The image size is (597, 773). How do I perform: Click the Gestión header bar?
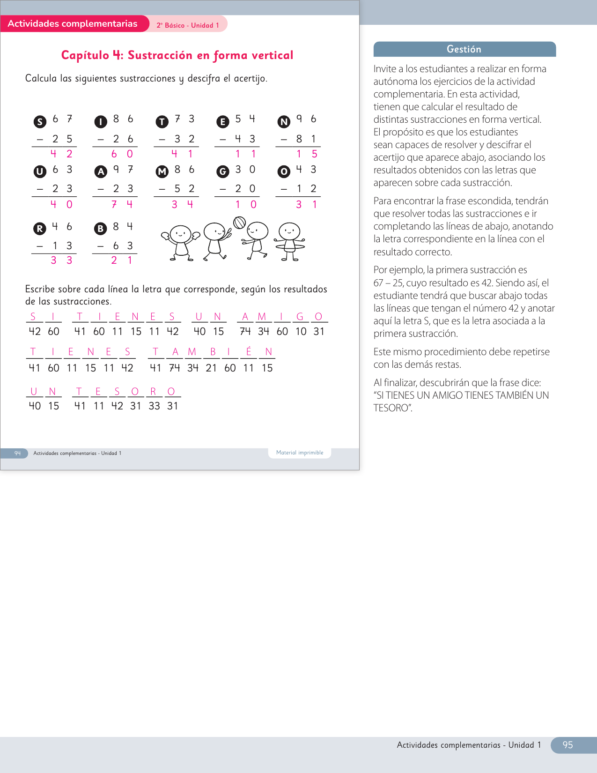[x=464, y=49]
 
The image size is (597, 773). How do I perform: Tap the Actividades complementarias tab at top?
[x=73, y=24]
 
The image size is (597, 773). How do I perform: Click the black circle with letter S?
[x=40, y=122]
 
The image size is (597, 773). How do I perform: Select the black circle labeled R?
[x=40, y=229]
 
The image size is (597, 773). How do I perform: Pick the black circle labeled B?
[x=101, y=229]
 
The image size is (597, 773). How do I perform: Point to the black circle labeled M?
[x=162, y=172]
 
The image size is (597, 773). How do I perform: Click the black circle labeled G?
[x=223, y=172]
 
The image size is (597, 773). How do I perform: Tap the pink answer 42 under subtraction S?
[x=61, y=154]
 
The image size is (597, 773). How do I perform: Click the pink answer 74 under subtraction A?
[x=122, y=204]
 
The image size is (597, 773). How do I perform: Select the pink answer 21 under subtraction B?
[x=122, y=260]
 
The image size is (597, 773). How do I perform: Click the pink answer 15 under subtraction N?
[x=307, y=154]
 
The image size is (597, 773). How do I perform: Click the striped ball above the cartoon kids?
[x=239, y=223]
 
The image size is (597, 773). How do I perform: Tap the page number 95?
[x=568, y=745]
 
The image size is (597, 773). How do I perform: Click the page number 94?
[x=17, y=453]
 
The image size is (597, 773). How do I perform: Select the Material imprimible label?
[x=300, y=453]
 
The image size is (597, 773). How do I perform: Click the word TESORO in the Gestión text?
[x=393, y=408]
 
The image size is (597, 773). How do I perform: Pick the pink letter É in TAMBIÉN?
[x=249, y=352]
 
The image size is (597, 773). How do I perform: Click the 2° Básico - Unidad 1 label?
[x=188, y=25]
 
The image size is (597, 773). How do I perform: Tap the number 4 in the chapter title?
[x=117, y=55]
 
